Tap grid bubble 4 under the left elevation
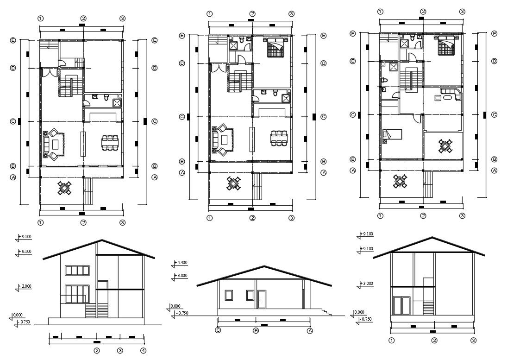[x=144, y=350]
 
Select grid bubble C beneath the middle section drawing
[x=218, y=330]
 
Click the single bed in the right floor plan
[x=393, y=134]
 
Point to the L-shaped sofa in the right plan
[x=450, y=95]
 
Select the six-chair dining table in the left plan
[x=110, y=143]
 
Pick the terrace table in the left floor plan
[x=65, y=188]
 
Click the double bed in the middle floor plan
[x=275, y=48]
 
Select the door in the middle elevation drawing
[x=262, y=299]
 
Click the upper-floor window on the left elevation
[x=77, y=271]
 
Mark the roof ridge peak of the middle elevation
[x=264, y=266]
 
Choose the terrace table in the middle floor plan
[x=234, y=184]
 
